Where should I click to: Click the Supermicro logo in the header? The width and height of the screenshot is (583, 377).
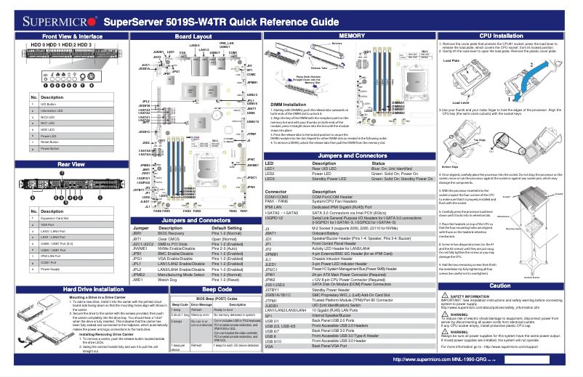point(56,23)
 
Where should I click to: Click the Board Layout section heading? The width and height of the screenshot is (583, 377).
point(193,36)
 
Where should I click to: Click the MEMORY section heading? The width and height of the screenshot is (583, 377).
point(352,36)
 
